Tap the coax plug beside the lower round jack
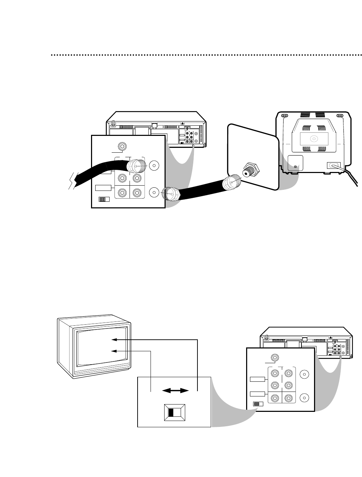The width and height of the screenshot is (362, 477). (x=170, y=193)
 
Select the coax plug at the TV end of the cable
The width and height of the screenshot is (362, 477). (x=231, y=183)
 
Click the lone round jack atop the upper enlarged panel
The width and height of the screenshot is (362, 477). (x=123, y=146)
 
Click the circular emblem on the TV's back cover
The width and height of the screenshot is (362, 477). (x=314, y=138)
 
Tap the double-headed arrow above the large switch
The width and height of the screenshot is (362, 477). (x=174, y=391)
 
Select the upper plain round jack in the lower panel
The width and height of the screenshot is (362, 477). (x=304, y=374)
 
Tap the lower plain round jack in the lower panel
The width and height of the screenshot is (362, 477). (x=304, y=397)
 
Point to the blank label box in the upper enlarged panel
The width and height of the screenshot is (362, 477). (x=103, y=188)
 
